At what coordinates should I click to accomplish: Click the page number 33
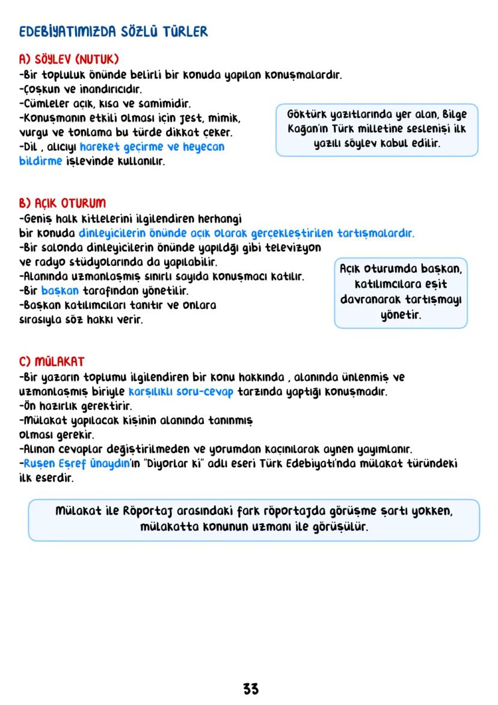click(251, 689)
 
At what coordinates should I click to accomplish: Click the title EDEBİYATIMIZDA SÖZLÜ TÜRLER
click(113, 32)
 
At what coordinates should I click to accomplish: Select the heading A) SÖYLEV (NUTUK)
click(69, 60)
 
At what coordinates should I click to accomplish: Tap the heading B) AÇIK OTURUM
click(62, 203)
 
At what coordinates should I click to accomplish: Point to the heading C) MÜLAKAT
click(52, 362)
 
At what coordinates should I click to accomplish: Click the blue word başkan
click(60, 291)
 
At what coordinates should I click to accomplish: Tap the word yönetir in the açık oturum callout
click(401, 314)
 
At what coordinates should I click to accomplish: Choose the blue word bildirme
click(40, 161)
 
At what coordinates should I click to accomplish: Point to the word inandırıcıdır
click(108, 90)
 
